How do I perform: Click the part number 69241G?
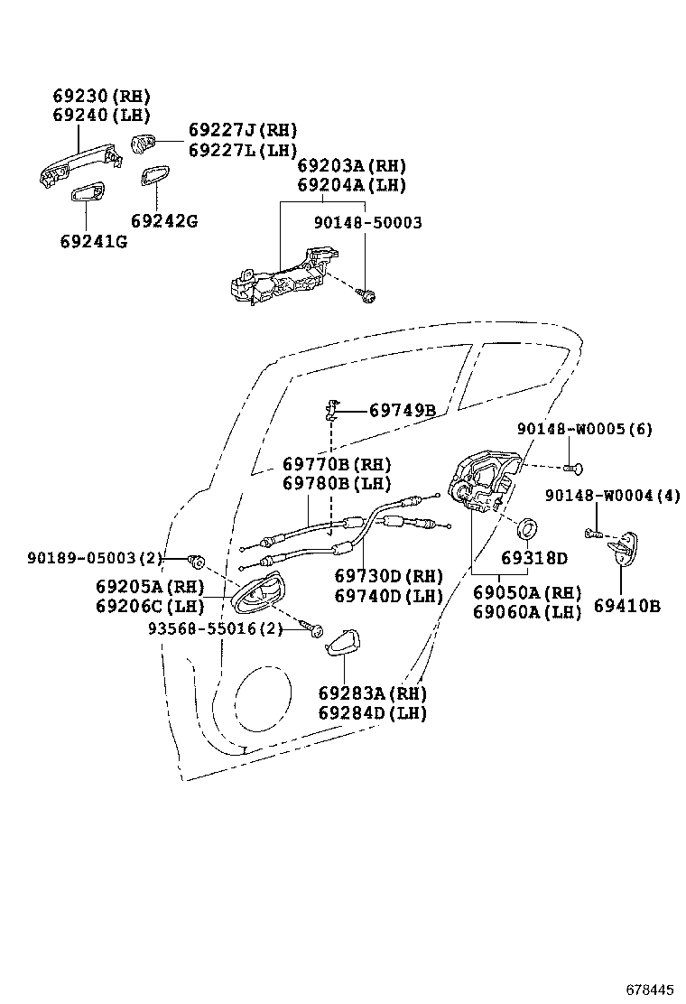tap(94, 241)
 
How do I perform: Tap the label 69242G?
tap(164, 221)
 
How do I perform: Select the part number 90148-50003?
tap(368, 222)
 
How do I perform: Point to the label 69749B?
tap(403, 411)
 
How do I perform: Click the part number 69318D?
tap(534, 558)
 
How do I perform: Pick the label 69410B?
tap(627, 606)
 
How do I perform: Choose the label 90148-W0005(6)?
tap(585, 428)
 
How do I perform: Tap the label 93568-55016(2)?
tap(216, 628)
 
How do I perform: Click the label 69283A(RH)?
tap(373, 693)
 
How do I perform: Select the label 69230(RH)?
tap(101, 96)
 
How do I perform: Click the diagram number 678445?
tap(650, 990)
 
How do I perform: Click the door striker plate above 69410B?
tap(623, 549)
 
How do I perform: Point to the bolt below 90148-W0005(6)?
tap(573, 469)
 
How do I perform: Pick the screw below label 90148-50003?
tap(366, 294)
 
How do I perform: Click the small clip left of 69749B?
tap(331, 409)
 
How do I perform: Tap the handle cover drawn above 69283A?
tap(342, 642)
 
